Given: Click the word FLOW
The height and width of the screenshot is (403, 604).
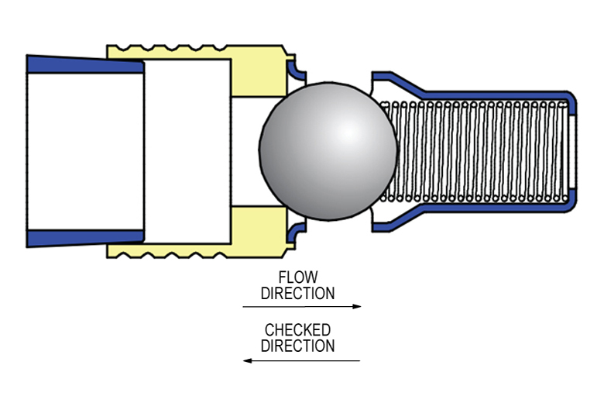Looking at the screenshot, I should (x=297, y=277).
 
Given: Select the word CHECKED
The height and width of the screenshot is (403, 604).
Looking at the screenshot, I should (x=297, y=331).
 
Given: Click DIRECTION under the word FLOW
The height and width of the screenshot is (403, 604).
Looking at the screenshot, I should (x=297, y=294).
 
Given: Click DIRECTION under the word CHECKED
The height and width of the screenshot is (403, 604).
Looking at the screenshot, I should (x=297, y=346).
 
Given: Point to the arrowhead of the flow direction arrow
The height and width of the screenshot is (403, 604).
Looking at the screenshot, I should (x=357, y=307).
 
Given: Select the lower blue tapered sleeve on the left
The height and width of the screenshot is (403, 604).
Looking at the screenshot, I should (x=85, y=237).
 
